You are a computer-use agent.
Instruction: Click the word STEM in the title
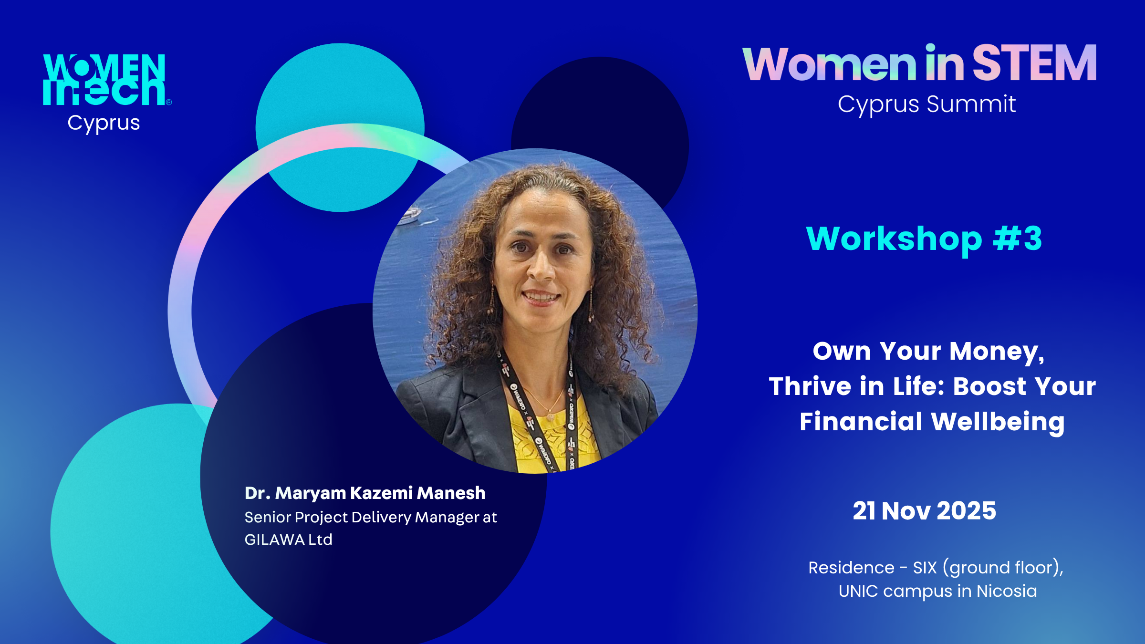(1034, 63)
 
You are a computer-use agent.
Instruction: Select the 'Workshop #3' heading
(924, 239)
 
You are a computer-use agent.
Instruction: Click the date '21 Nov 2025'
(925, 511)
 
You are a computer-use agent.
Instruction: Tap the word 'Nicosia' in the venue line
(1007, 591)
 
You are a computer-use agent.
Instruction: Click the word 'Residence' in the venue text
(852, 568)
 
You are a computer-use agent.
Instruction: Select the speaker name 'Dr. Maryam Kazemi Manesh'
(365, 493)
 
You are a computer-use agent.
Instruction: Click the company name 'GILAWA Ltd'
(289, 540)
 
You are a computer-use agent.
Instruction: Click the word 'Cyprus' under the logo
(104, 124)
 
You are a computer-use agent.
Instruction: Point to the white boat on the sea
(409, 215)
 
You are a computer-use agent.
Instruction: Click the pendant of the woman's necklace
(551, 416)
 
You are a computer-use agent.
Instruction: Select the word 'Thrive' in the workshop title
(810, 386)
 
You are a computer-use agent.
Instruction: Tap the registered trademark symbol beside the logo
(169, 102)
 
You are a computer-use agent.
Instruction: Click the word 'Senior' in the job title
(268, 518)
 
